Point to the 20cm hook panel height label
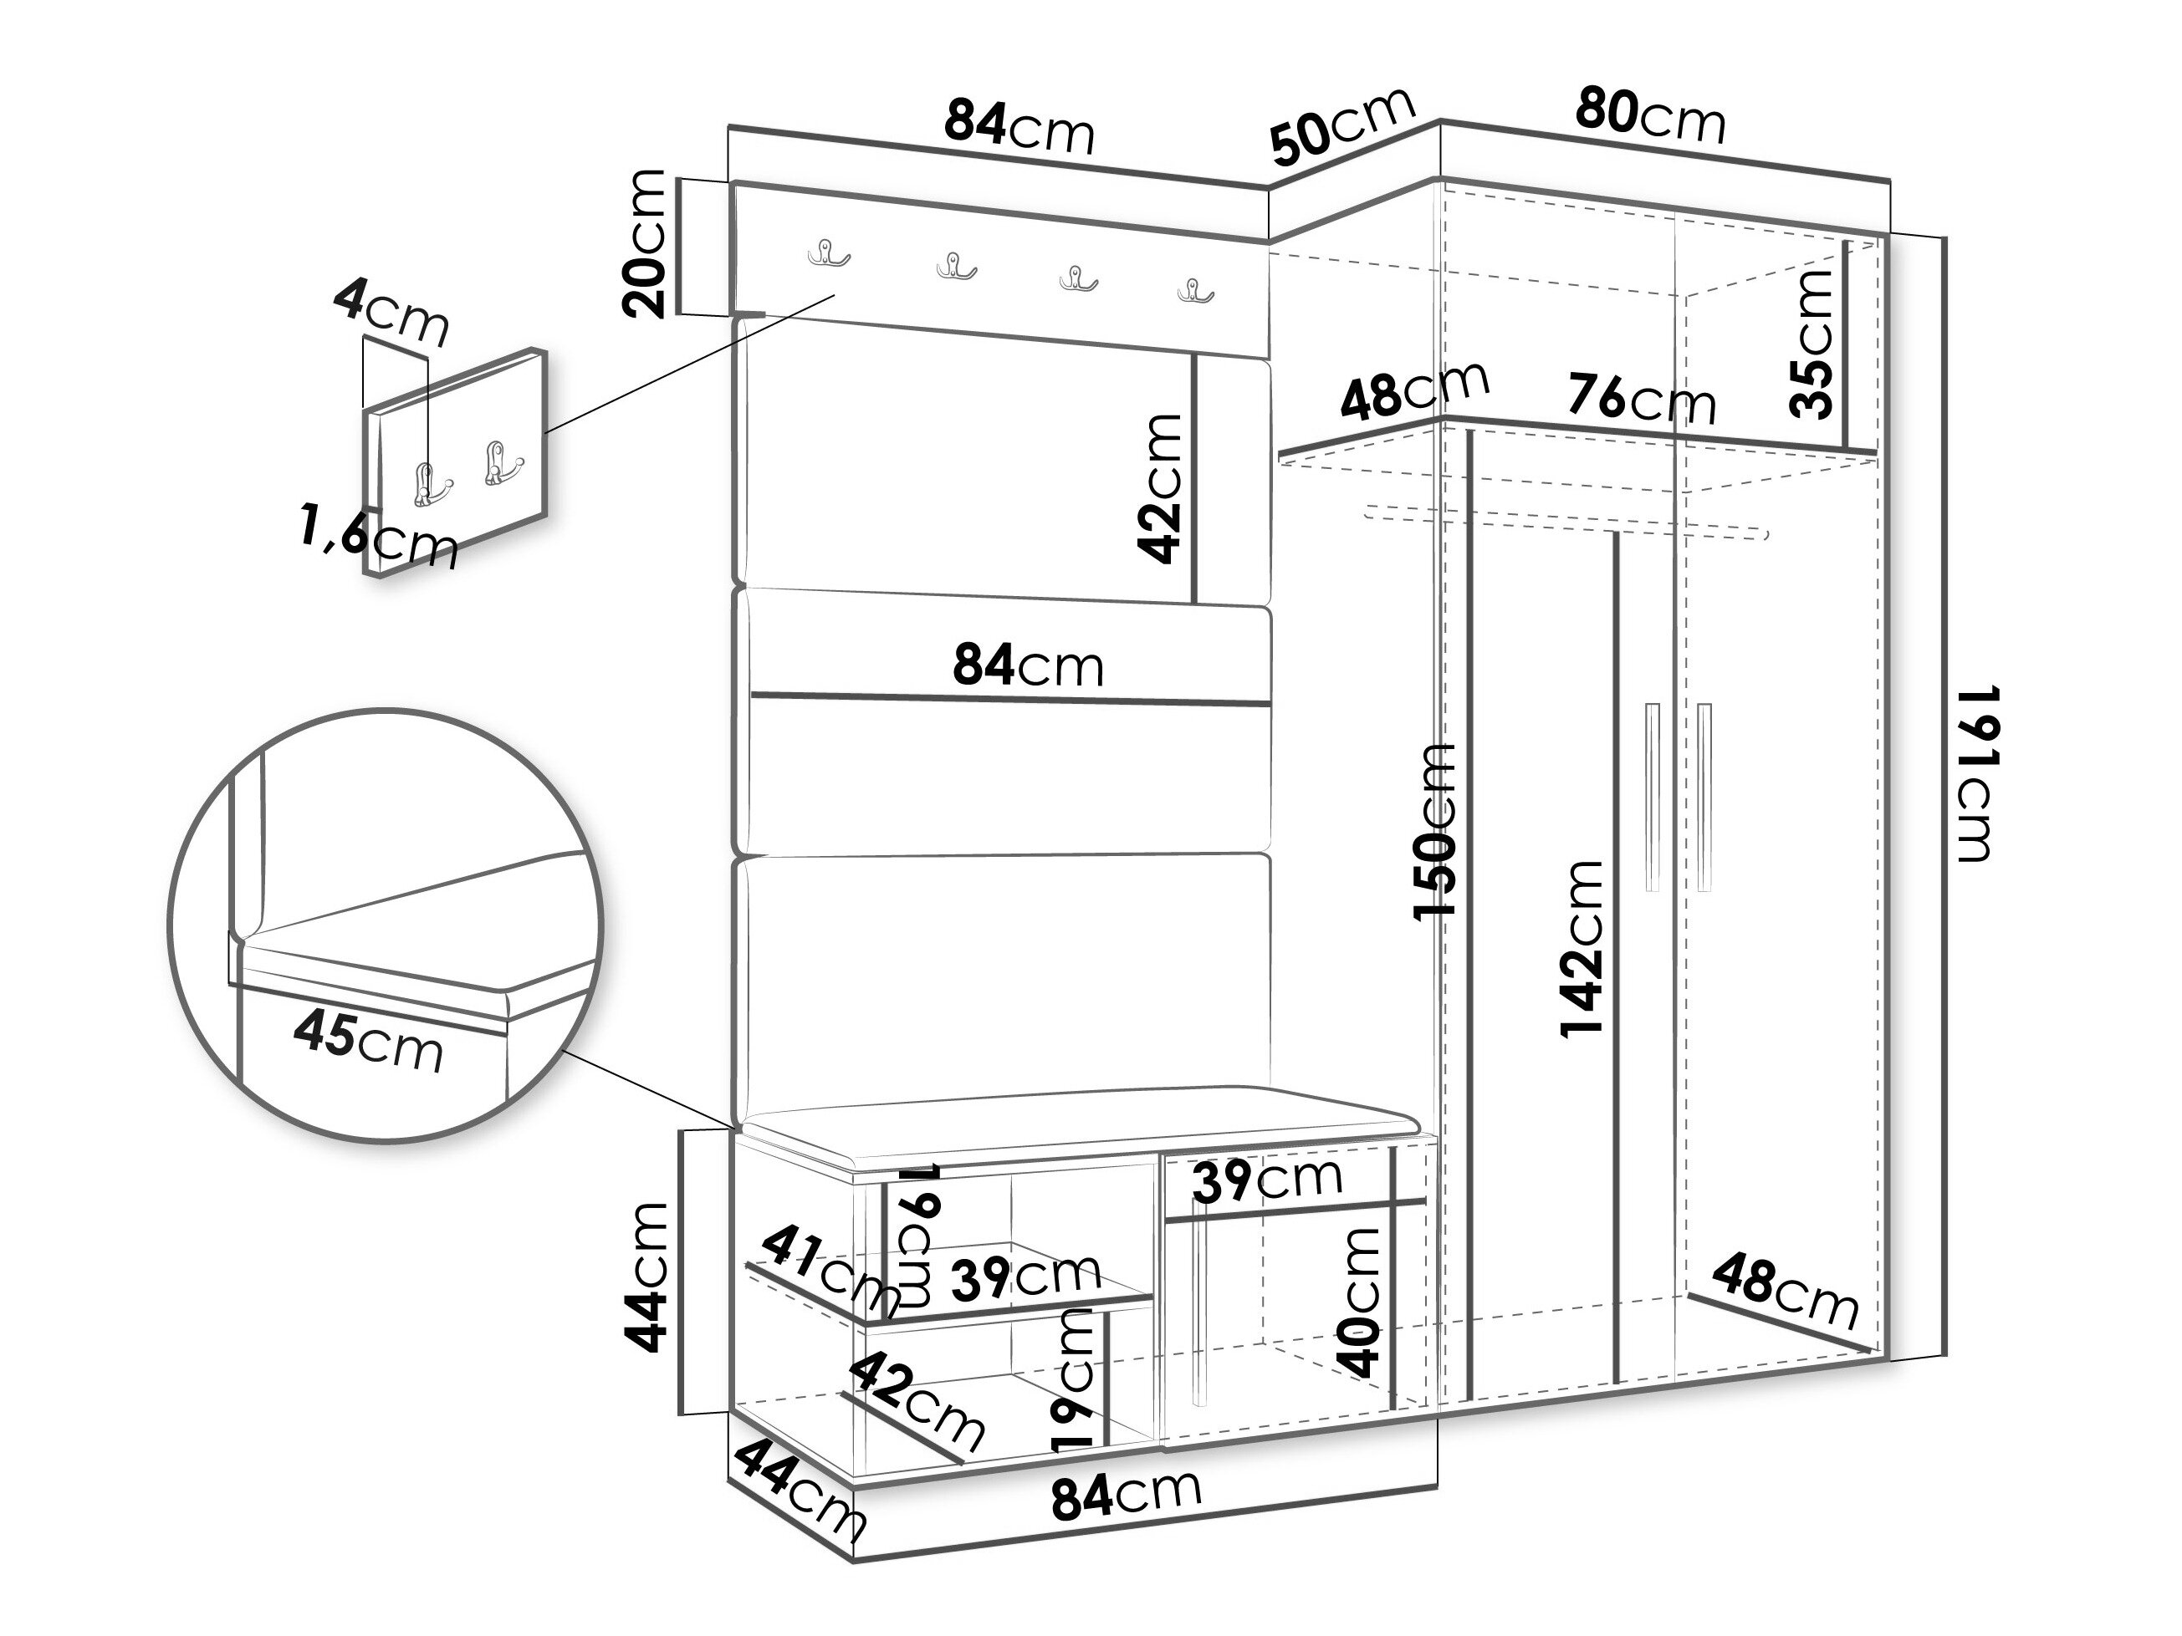[646, 242]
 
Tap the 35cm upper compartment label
[1812, 344]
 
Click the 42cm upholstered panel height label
[1160, 487]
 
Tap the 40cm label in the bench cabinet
[1358, 1302]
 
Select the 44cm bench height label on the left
[646, 1277]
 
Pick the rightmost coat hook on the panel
[1194, 291]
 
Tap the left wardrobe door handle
[1653, 798]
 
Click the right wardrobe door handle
[1705, 798]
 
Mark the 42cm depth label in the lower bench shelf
[916, 1401]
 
